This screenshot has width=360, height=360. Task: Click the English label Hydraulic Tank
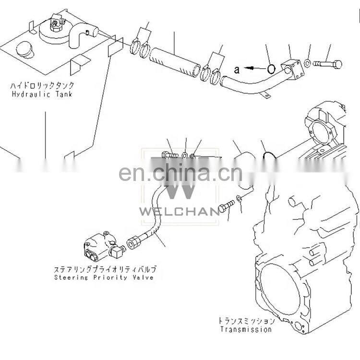tap(42, 94)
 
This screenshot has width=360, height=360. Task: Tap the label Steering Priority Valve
tap(104, 277)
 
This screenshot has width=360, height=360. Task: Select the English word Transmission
tap(246, 329)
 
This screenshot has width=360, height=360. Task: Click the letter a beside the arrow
tap(237, 69)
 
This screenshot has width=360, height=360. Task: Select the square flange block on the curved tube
tap(293, 69)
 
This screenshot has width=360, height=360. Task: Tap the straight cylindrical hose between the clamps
tap(175, 62)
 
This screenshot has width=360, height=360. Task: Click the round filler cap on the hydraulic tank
tap(24, 49)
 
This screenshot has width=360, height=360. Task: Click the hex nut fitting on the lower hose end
tap(133, 243)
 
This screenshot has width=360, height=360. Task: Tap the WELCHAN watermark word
tap(180, 211)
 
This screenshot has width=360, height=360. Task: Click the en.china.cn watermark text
tap(180, 172)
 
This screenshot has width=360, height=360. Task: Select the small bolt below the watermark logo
tap(227, 205)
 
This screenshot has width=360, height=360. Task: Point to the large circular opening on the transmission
tap(280, 289)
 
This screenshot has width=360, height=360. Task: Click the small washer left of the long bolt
tap(308, 63)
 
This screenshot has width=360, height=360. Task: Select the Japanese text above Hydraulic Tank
tap(42, 85)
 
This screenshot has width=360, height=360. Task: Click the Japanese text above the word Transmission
tap(247, 321)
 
